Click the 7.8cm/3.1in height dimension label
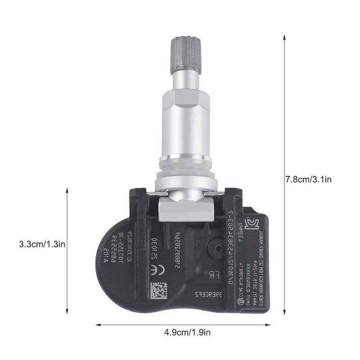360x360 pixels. click(309, 179)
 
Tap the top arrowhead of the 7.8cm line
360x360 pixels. click(284, 36)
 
